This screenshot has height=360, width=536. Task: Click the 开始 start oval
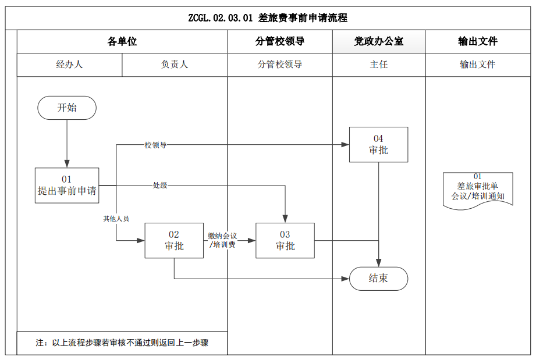point(67,108)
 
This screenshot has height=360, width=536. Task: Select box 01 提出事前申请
point(67,186)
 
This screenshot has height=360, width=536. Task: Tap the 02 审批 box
point(174,240)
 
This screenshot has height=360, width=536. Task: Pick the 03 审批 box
point(285,240)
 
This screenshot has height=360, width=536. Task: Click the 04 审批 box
point(378,144)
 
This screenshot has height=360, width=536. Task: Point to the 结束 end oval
point(378,279)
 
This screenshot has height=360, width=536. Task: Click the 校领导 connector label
point(155,145)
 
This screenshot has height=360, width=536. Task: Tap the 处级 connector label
point(160,186)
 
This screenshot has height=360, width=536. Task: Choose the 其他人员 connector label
point(116,219)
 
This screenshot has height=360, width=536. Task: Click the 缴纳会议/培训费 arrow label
point(222,240)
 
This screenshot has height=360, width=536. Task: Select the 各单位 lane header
point(122,41)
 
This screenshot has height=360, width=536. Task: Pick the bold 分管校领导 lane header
point(280,41)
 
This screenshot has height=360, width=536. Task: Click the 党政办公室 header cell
point(379,41)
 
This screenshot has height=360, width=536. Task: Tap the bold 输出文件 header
point(478,41)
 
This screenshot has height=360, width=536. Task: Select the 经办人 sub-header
point(69,65)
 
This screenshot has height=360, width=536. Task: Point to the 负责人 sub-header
point(175,65)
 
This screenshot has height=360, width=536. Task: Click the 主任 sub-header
point(379,65)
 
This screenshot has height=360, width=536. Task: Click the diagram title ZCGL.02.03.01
point(268,18)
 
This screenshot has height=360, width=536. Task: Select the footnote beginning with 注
point(122,343)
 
